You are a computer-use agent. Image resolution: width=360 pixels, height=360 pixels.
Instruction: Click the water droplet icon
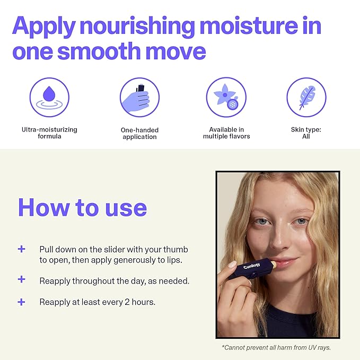coord(49,97)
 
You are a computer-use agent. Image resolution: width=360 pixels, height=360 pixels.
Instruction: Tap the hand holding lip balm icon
coord(139,98)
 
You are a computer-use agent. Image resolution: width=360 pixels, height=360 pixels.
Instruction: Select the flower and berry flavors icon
coord(226,97)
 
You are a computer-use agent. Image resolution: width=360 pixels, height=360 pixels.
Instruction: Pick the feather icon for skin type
coord(306,97)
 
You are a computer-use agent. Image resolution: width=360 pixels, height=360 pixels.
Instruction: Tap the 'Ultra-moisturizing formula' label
coord(49,133)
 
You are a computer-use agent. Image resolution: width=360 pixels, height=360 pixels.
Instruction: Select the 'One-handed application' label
coord(139,133)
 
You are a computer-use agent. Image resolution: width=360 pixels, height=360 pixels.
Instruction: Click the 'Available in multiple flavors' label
coord(226,133)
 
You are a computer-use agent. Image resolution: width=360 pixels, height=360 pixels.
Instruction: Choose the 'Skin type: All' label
coord(306,133)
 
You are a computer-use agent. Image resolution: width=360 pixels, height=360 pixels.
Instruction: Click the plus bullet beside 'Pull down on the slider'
coord(21,249)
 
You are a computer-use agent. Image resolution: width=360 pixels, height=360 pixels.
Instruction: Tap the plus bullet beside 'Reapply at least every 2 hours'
coord(21,302)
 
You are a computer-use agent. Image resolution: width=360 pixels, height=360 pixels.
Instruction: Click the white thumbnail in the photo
coord(232,264)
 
